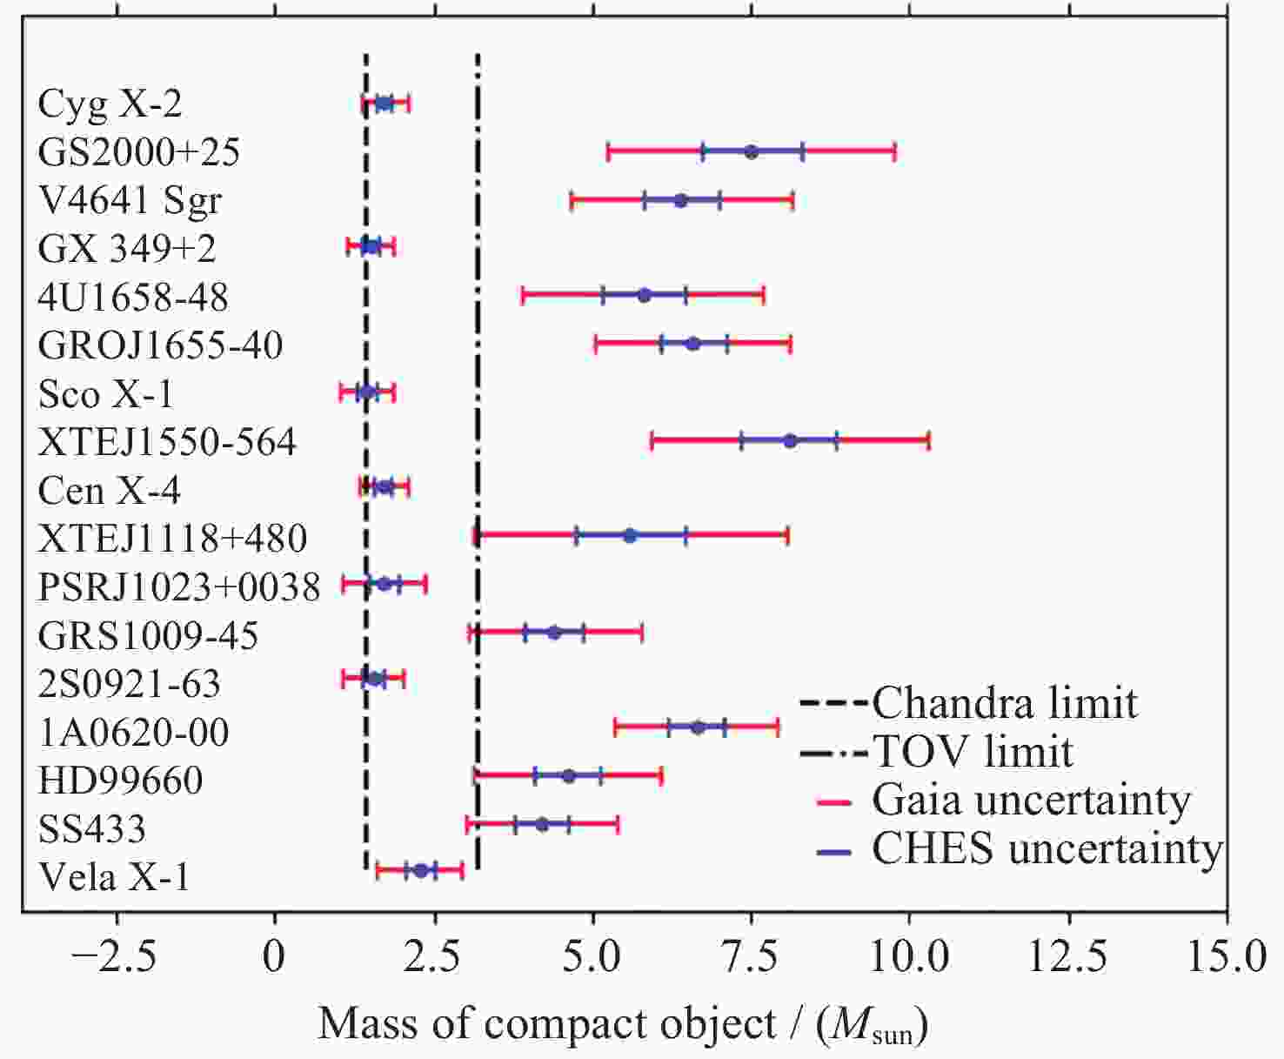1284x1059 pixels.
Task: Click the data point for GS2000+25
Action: coord(752,151)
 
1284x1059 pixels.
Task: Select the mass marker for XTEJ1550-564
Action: coord(790,441)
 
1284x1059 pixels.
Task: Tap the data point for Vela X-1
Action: coord(420,870)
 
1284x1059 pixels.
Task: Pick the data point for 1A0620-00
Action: coord(698,727)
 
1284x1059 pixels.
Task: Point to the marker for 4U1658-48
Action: coord(644,295)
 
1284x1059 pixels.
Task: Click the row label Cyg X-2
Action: coord(110,104)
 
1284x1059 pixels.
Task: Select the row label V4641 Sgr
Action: coord(130,200)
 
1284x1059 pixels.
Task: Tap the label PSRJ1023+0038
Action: coord(179,586)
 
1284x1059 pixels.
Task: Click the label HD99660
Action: coord(120,780)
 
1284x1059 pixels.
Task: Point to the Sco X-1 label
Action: coord(105,393)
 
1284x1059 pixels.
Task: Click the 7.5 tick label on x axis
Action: coord(751,957)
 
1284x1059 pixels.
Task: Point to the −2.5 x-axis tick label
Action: coord(114,957)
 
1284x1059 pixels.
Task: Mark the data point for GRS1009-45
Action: coord(554,633)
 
